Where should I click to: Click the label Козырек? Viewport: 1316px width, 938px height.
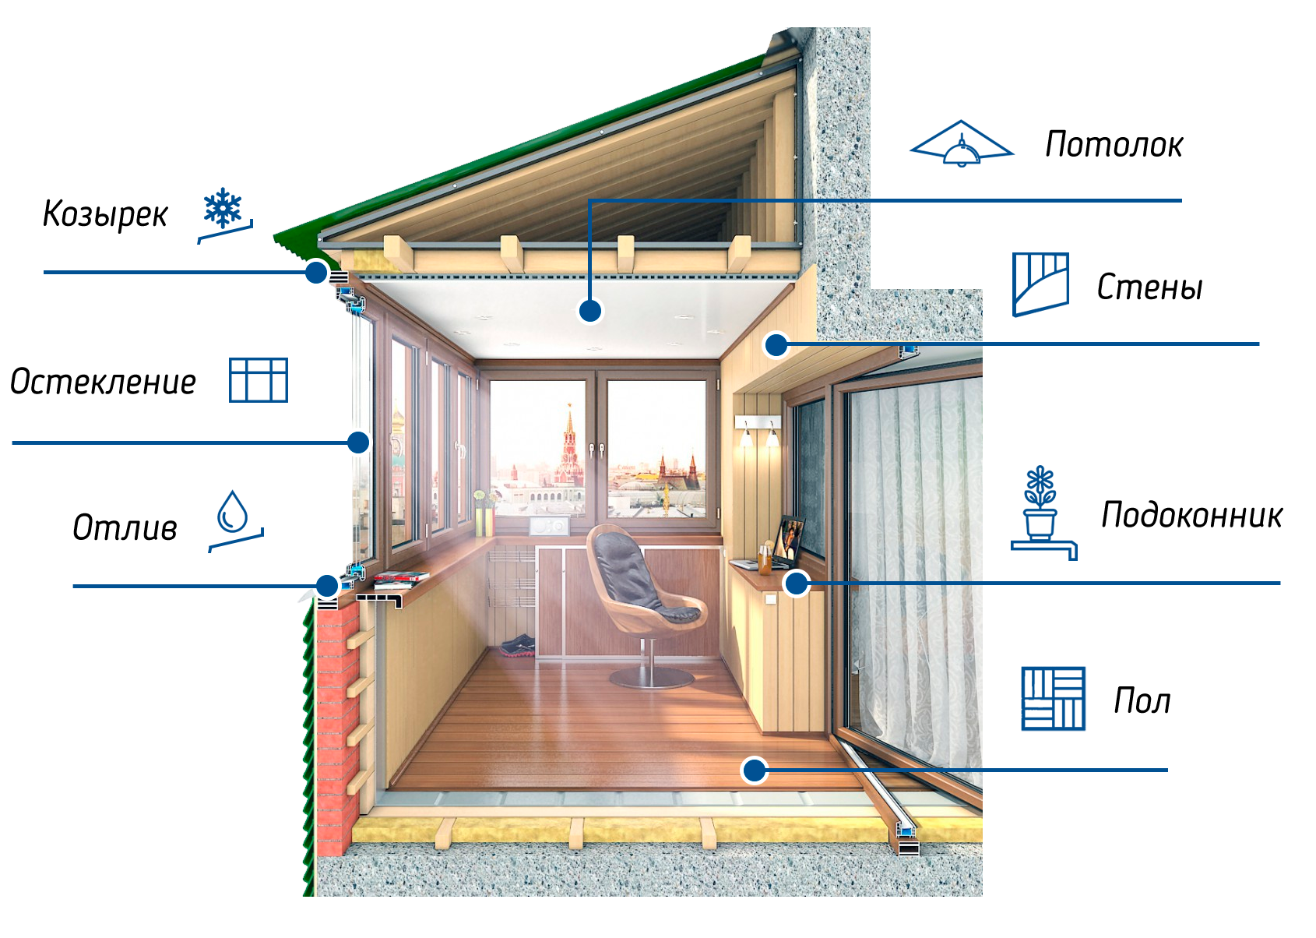pos(105,214)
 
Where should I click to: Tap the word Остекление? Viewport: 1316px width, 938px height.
pos(103,382)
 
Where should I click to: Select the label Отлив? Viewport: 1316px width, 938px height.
pos(125,527)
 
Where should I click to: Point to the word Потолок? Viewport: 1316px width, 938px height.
pos(1114,145)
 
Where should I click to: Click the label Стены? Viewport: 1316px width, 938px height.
pos(1149,287)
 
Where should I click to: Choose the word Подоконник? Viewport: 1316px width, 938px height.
pos(1191,516)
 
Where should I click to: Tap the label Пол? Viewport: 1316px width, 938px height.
pos(1142,700)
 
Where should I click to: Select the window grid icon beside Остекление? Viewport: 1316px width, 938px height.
pos(259,379)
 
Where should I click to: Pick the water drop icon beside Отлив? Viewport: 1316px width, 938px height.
pos(235,520)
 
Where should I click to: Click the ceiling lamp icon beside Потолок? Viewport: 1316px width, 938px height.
pos(961,144)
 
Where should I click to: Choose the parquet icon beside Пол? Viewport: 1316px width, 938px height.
pos(1053,699)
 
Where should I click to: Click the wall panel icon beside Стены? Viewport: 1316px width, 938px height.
pos(1040,284)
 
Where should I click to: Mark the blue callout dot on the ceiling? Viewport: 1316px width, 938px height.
pos(589,310)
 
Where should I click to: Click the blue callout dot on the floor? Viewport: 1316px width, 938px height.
pos(755,770)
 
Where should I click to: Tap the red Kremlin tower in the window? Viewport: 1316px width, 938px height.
pos(568,446)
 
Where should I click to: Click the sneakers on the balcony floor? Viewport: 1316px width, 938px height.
pos(517,645)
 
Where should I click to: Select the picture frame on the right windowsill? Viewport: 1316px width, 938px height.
pos(789,539)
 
